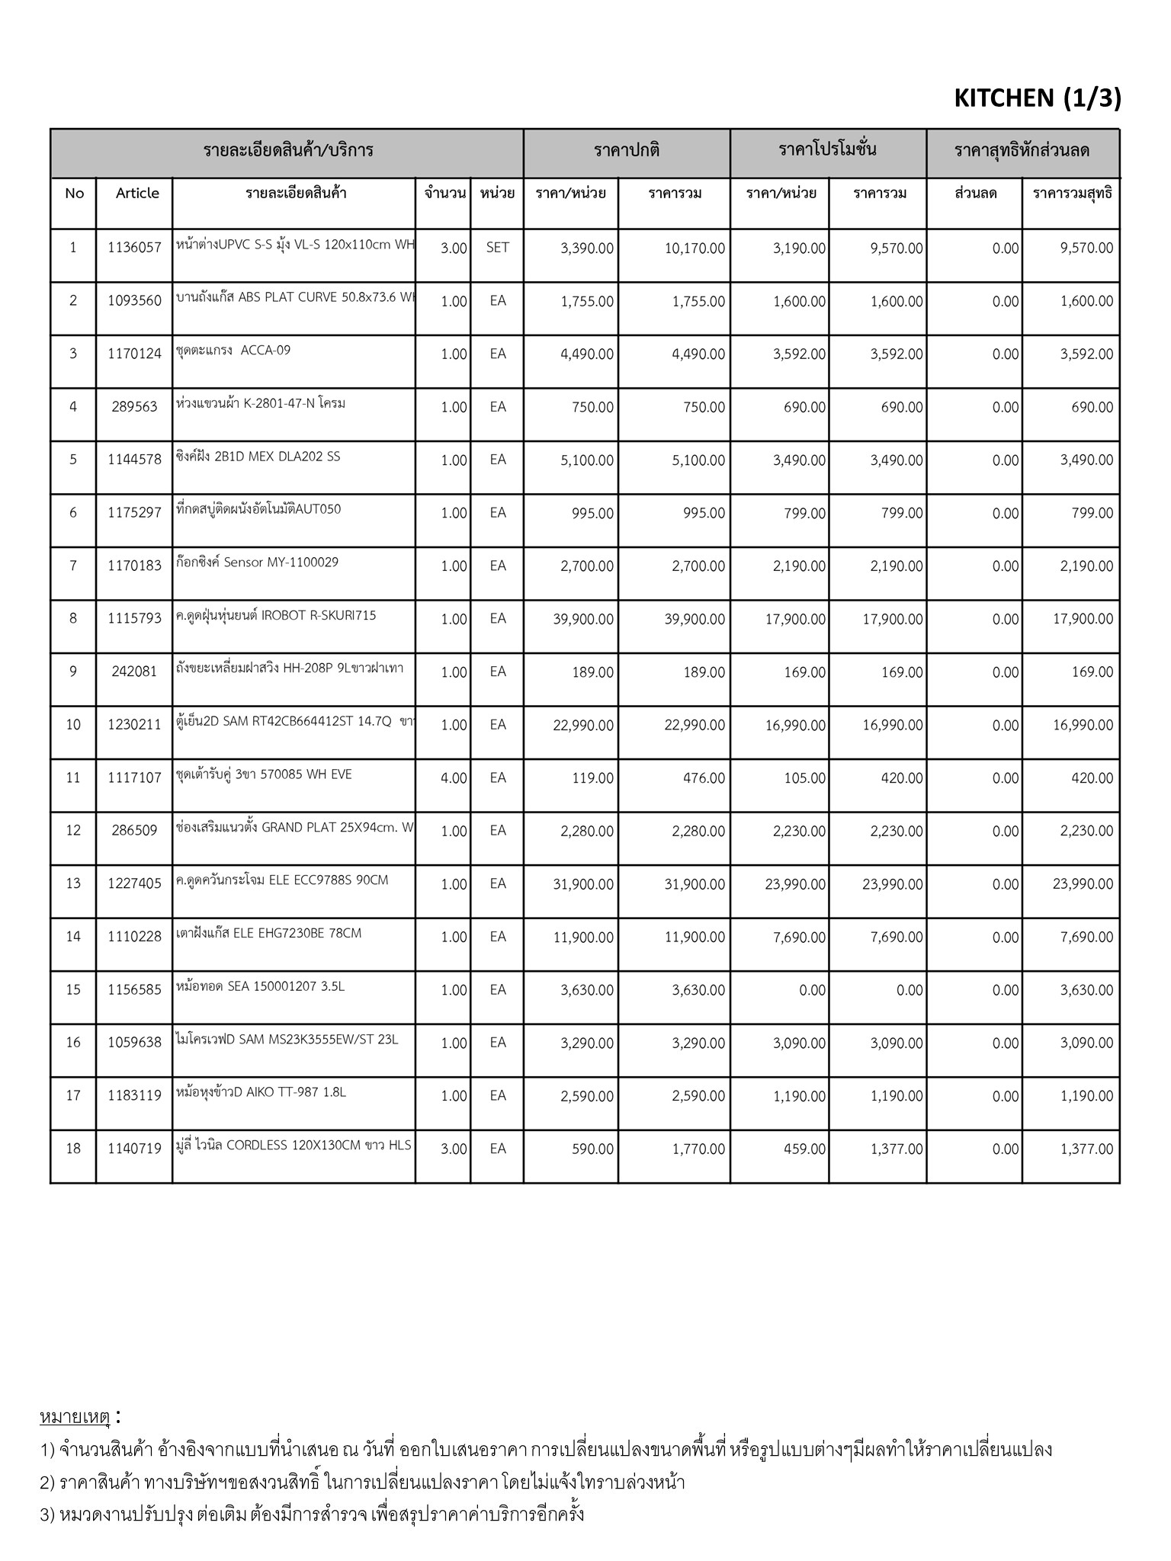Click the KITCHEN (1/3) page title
[x=1037, y=98]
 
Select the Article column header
[x=137, y=194]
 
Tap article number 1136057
[x=134, y=248]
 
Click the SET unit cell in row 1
[x=497, y=248]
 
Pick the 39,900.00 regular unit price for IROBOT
[x=583, y=619]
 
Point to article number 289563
[x=134, y=407]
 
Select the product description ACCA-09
[x=233, y=351]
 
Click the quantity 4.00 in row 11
[x=454, y=778]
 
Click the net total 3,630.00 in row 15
[x=1086, y=990]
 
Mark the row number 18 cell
[x=73, y=1149]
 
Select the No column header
[x=74, y=194]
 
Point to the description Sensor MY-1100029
[x=257, y=563]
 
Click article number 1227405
[x=134, y=884]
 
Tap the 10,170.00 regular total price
[x=695, y=248]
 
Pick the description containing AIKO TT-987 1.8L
[x=261, y=1092]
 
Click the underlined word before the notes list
[x=75, y=1418]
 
